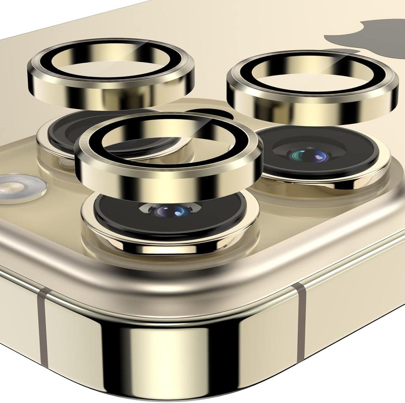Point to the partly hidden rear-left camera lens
coord(64,131)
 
